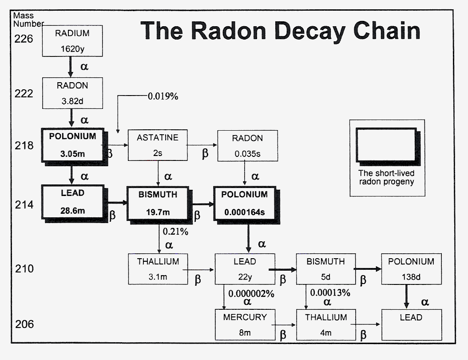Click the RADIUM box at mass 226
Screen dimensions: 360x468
coord(72,41)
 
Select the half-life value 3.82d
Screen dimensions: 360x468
coord(72,100)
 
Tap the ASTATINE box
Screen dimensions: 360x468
coord(157,145)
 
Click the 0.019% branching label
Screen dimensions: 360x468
coord(163,96)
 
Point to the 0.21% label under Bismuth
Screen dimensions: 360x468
coord(175,231)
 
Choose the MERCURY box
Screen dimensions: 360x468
coord(245,324)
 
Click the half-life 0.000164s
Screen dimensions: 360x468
coord(244,212)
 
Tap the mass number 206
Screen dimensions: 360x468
coord(24,324)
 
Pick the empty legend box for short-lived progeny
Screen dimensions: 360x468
coord(386,145)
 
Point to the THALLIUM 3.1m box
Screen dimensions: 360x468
coord(158,269)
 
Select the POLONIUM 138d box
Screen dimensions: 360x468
coord(411,269)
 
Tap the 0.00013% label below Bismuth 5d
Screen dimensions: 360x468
coord(330,293)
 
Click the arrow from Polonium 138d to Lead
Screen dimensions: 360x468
coord(406,296)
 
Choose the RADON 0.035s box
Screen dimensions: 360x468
coord(247,145)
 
